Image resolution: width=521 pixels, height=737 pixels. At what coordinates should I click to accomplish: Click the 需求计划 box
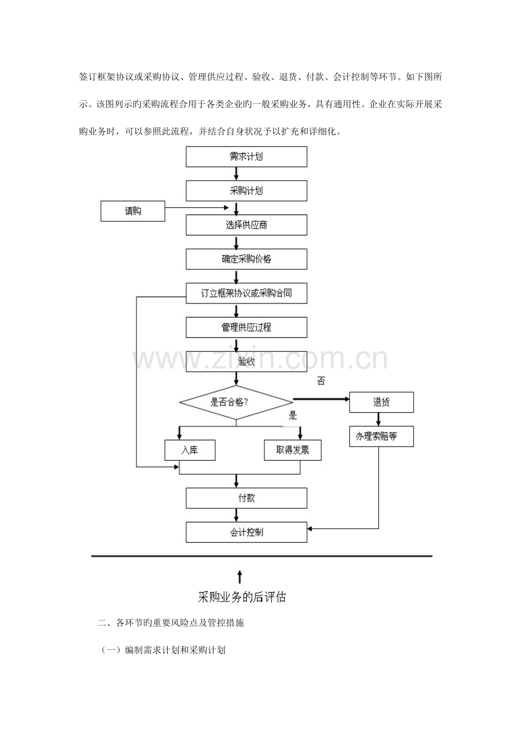pos(246,157)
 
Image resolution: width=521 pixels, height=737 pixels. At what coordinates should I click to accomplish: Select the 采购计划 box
pos(246,191)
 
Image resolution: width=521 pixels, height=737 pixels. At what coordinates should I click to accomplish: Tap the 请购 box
pos(133,211)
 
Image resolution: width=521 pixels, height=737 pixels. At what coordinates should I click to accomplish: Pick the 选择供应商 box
pos(246,225)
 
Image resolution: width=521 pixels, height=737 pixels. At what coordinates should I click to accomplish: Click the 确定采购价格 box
pos(246,259)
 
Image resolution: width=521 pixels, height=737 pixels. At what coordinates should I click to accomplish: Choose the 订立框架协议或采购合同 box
pos(246,293)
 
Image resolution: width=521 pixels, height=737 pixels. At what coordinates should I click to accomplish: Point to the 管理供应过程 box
pos(246,327)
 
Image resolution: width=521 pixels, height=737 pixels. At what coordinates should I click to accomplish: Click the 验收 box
pos(246,362)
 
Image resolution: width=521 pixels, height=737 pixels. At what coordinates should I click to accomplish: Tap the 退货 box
pos(381,402)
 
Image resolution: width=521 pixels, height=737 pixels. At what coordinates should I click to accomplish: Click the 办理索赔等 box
pos(381,436)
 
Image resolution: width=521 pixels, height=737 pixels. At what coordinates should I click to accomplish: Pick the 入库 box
pos(190,450)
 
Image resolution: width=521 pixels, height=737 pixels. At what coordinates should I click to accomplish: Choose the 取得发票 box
pos(292,450)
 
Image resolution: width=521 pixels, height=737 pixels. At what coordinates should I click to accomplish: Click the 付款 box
pos(246,498)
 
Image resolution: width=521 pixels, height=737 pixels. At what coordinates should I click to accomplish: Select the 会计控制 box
pos(246,532)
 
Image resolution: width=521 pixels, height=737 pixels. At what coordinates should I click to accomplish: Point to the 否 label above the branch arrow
pos(321,382)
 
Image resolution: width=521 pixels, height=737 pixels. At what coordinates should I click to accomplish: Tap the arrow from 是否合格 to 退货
pos(320,400)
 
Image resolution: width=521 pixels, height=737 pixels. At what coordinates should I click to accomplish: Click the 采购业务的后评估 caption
pos(242,597)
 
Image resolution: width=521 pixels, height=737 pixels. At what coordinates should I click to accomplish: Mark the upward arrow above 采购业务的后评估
pos(240,576)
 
